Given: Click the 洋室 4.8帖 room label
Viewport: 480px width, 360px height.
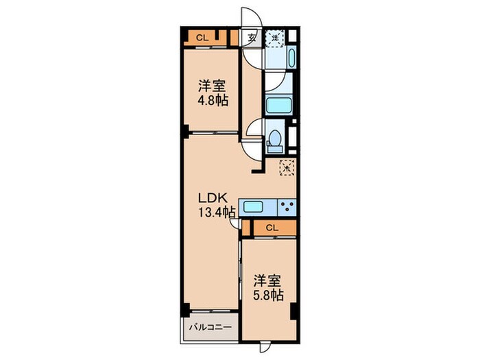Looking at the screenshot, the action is pyautogui.click(x=213, y=93).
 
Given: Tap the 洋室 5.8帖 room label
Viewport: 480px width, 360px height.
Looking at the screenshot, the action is pyautogui.click(x=268, y=288).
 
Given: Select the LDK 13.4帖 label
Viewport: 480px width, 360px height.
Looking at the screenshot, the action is pyautogui.click(x=217, y=205).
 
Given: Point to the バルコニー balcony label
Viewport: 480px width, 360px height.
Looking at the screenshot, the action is pyautogui.click(x=211, y=327).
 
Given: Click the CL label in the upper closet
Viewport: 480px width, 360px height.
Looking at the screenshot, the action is pyautogui.click(x=202, y=38).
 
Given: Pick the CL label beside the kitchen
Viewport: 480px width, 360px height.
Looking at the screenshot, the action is pyautogui.click(x=272, y=228).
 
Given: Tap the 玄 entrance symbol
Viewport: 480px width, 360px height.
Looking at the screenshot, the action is pyautogui.click(x=252, y=38).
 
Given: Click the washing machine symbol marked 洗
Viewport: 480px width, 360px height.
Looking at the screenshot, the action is pyautogui.click(x=274, y=38).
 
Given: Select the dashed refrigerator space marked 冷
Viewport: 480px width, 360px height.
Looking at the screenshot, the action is pyautogui.click(x=287, y=167).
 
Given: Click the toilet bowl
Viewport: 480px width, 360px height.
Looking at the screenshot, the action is pyautogui.click(x=274, y=141).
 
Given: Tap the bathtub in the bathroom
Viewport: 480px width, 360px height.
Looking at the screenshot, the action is pyautogui.click(x=278, y=106).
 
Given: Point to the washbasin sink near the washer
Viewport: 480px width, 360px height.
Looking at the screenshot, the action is pyautogui.click(x=291, y=57).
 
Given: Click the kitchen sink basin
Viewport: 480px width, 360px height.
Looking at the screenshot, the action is pyautogui.click(x=253, y=207).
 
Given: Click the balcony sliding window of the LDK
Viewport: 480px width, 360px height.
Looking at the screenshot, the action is pyautogui.click(x=213, y=311).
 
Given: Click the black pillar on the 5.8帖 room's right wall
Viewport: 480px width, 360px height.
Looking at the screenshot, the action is pyautogui.click(x=293, y=311).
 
